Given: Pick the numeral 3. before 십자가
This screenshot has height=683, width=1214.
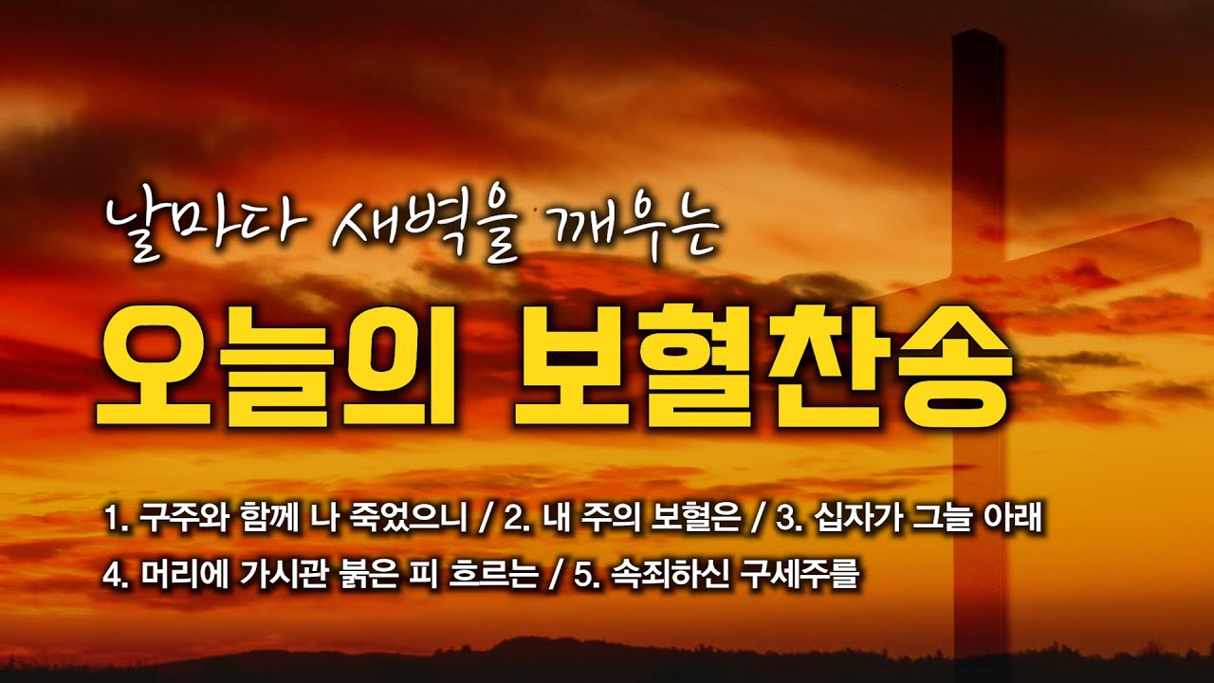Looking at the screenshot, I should click(789, 521).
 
